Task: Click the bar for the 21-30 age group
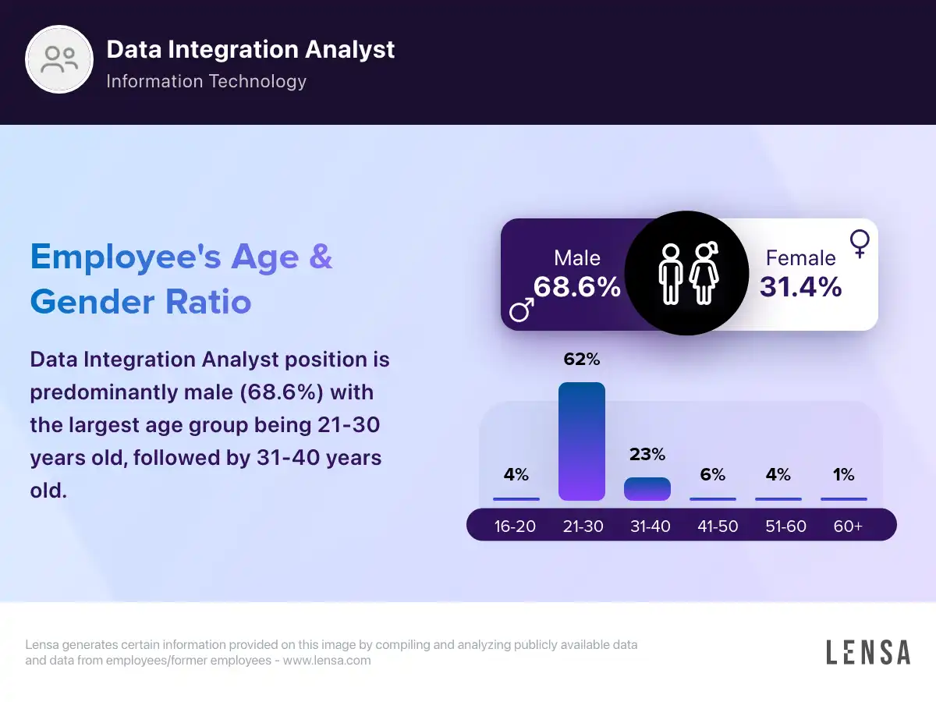[x=582, y=441]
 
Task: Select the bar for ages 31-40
[x=647, y=489]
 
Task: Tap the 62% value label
[x=582, y=360]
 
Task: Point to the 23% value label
[x=647, y=454]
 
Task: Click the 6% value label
[x=713, y=474]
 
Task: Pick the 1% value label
[x=843, y=474]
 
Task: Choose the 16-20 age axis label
[x=515, y=526]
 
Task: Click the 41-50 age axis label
[x=718, y=526]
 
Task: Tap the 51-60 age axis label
[x=785, y=526]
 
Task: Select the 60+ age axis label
[x=848, y=526]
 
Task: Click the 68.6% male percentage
[x=577, y=287]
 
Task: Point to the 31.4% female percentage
[x=801, y=287]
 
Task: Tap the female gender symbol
[x=860, y=243]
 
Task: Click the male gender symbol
[x=522, y=310]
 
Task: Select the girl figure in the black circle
[x=704, y=273]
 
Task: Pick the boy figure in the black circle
[x=670, y=274]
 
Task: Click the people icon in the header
[x=60, y=60]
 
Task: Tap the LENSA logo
[x=868, y=652]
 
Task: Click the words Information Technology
[x=206, y=81]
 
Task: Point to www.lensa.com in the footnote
[x=326, y=661]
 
